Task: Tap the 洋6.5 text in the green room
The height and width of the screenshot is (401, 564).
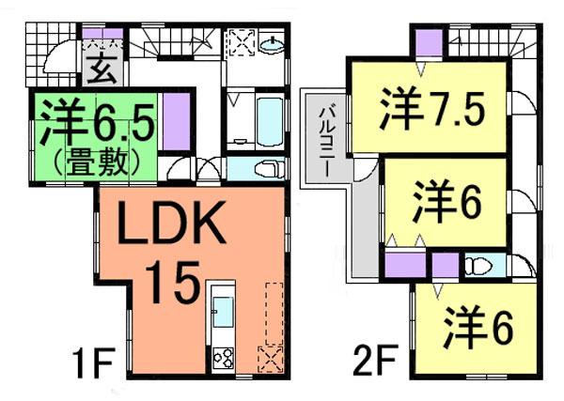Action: coord(90,120)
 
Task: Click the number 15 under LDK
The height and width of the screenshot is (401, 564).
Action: coord(172,279)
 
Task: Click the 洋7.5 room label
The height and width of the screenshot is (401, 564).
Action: coord(431,110)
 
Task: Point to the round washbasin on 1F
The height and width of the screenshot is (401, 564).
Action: coord(272,45)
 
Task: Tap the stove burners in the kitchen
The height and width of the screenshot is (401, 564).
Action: coord(225,358)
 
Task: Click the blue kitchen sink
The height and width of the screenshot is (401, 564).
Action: coord(224,310)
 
